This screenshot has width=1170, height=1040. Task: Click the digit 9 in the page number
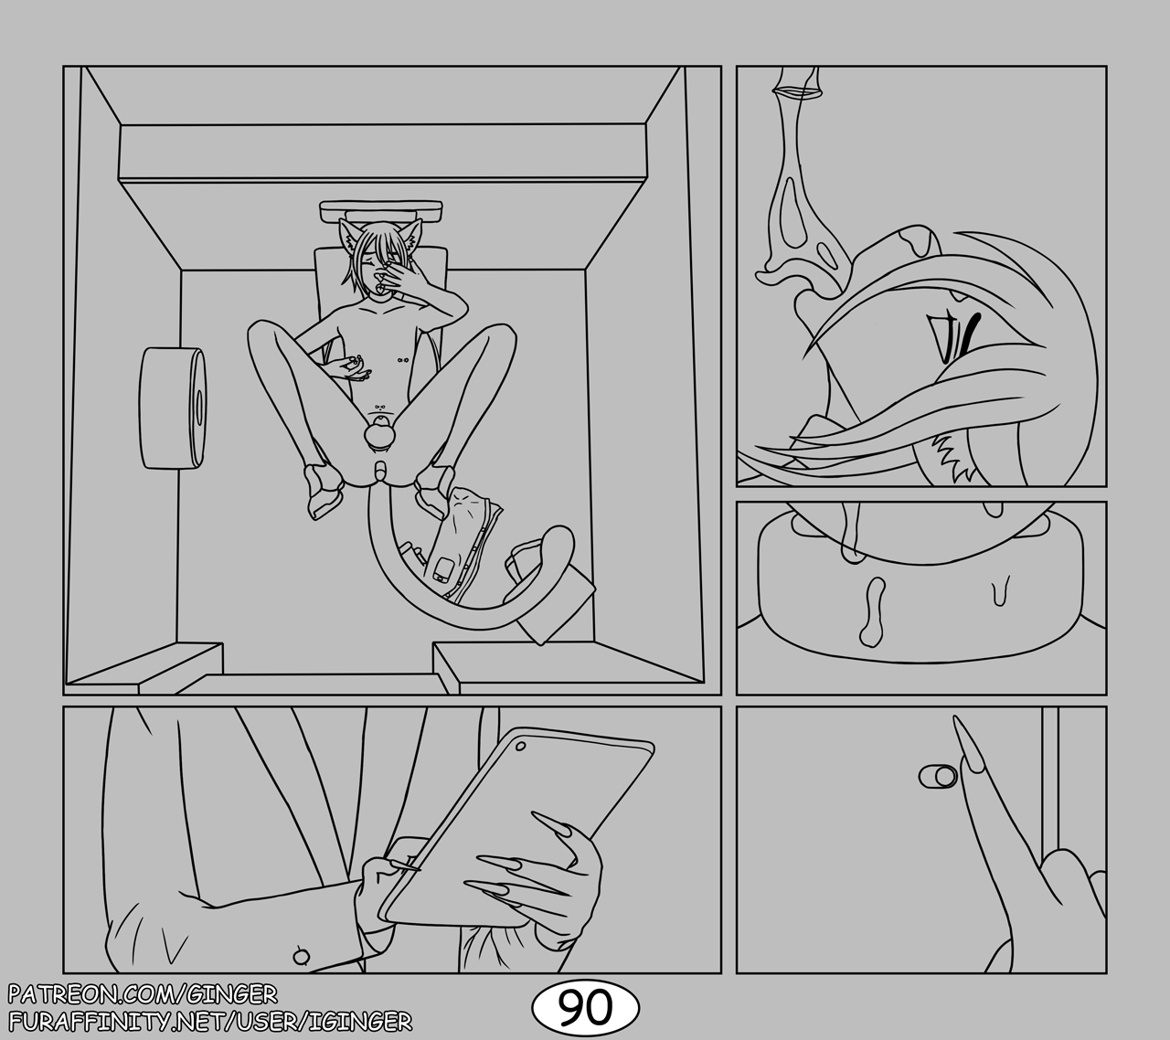pos(569,1008)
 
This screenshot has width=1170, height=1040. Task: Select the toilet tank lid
pos(381,211)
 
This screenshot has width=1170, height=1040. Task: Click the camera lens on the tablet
pos(520,746)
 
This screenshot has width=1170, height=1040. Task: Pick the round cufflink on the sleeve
pos(301,957)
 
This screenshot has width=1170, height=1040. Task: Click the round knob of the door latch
pos(945,777)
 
